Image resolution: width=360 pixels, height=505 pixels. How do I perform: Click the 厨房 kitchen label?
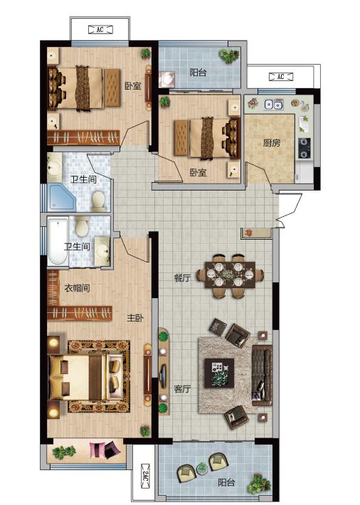point(272,143)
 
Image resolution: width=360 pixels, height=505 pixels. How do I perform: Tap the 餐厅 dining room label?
point(182,278)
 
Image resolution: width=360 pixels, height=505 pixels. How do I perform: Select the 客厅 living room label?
point(182,389)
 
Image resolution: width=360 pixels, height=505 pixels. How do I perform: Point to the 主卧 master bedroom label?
point(135,318)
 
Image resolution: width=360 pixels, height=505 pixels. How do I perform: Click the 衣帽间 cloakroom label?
point(77,288)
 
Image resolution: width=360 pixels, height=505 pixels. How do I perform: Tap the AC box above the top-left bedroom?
point(100,30)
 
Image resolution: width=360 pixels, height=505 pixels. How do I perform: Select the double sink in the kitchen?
point(274,105)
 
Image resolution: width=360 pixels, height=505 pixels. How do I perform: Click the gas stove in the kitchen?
point(305,149)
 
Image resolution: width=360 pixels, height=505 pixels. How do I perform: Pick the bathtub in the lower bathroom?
point(58,241)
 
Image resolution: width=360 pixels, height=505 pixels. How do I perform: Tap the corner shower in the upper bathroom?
point(62,198)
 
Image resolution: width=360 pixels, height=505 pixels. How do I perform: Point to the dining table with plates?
point(230,275)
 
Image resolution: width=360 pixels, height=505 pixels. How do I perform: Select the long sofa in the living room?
point(262,376)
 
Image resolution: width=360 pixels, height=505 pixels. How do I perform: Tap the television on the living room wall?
point(163,376)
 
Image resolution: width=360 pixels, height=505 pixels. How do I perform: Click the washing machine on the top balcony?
point(167,79)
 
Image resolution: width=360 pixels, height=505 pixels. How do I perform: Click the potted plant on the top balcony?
point(230,55)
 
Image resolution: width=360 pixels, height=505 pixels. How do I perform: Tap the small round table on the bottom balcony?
point(202,468)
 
